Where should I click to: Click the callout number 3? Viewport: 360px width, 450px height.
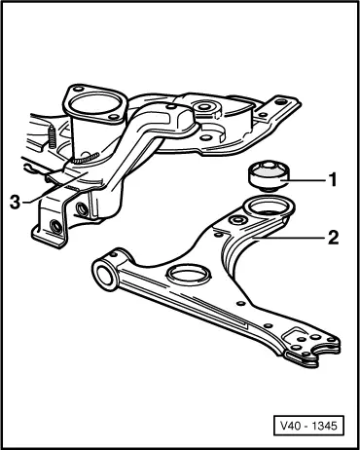15,200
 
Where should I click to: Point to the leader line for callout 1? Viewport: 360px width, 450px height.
306,179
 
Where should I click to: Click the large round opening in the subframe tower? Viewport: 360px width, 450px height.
92,104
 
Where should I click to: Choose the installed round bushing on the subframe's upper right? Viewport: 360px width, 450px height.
206,106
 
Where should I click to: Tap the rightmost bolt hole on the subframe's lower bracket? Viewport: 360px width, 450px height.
87,207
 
